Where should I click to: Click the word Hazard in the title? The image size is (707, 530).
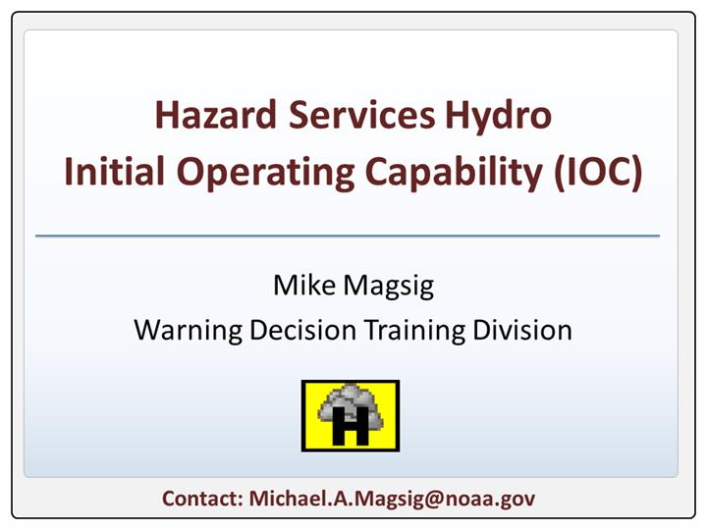215,115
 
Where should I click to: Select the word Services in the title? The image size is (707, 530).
361,115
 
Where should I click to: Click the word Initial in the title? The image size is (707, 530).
114,171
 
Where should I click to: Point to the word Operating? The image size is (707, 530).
265,174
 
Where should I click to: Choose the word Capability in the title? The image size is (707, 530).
454,174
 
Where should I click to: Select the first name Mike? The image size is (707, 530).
304,285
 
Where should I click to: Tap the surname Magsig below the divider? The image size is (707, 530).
389,288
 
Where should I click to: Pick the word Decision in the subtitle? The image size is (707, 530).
302,330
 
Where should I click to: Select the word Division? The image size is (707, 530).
522,330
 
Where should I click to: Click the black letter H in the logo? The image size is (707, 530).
351,426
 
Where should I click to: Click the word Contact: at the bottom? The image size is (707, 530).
203,499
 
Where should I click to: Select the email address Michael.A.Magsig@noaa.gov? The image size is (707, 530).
392,500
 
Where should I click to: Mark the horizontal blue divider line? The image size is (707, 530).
348,236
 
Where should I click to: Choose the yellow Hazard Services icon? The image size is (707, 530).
351,416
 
